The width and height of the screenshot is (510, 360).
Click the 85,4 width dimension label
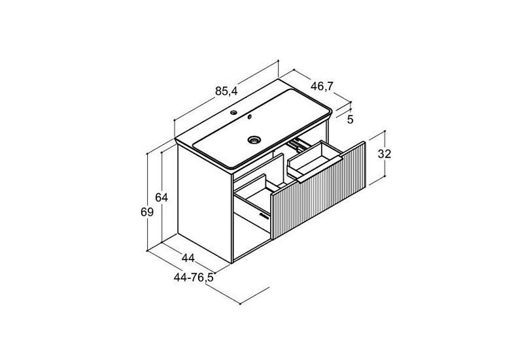(226, 91)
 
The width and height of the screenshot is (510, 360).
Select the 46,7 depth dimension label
(322, 86)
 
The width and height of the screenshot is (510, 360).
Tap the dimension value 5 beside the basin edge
(350, 120)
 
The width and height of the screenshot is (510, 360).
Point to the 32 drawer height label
(384, 154)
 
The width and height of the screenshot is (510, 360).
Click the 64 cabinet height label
(161, 197)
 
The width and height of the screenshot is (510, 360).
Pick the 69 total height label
(146, 212)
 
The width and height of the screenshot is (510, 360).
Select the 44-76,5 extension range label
(194, 278)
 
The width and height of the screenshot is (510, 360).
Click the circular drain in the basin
(254, 140)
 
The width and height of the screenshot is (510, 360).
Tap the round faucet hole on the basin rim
(233, 113)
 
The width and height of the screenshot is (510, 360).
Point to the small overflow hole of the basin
(250, 117)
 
